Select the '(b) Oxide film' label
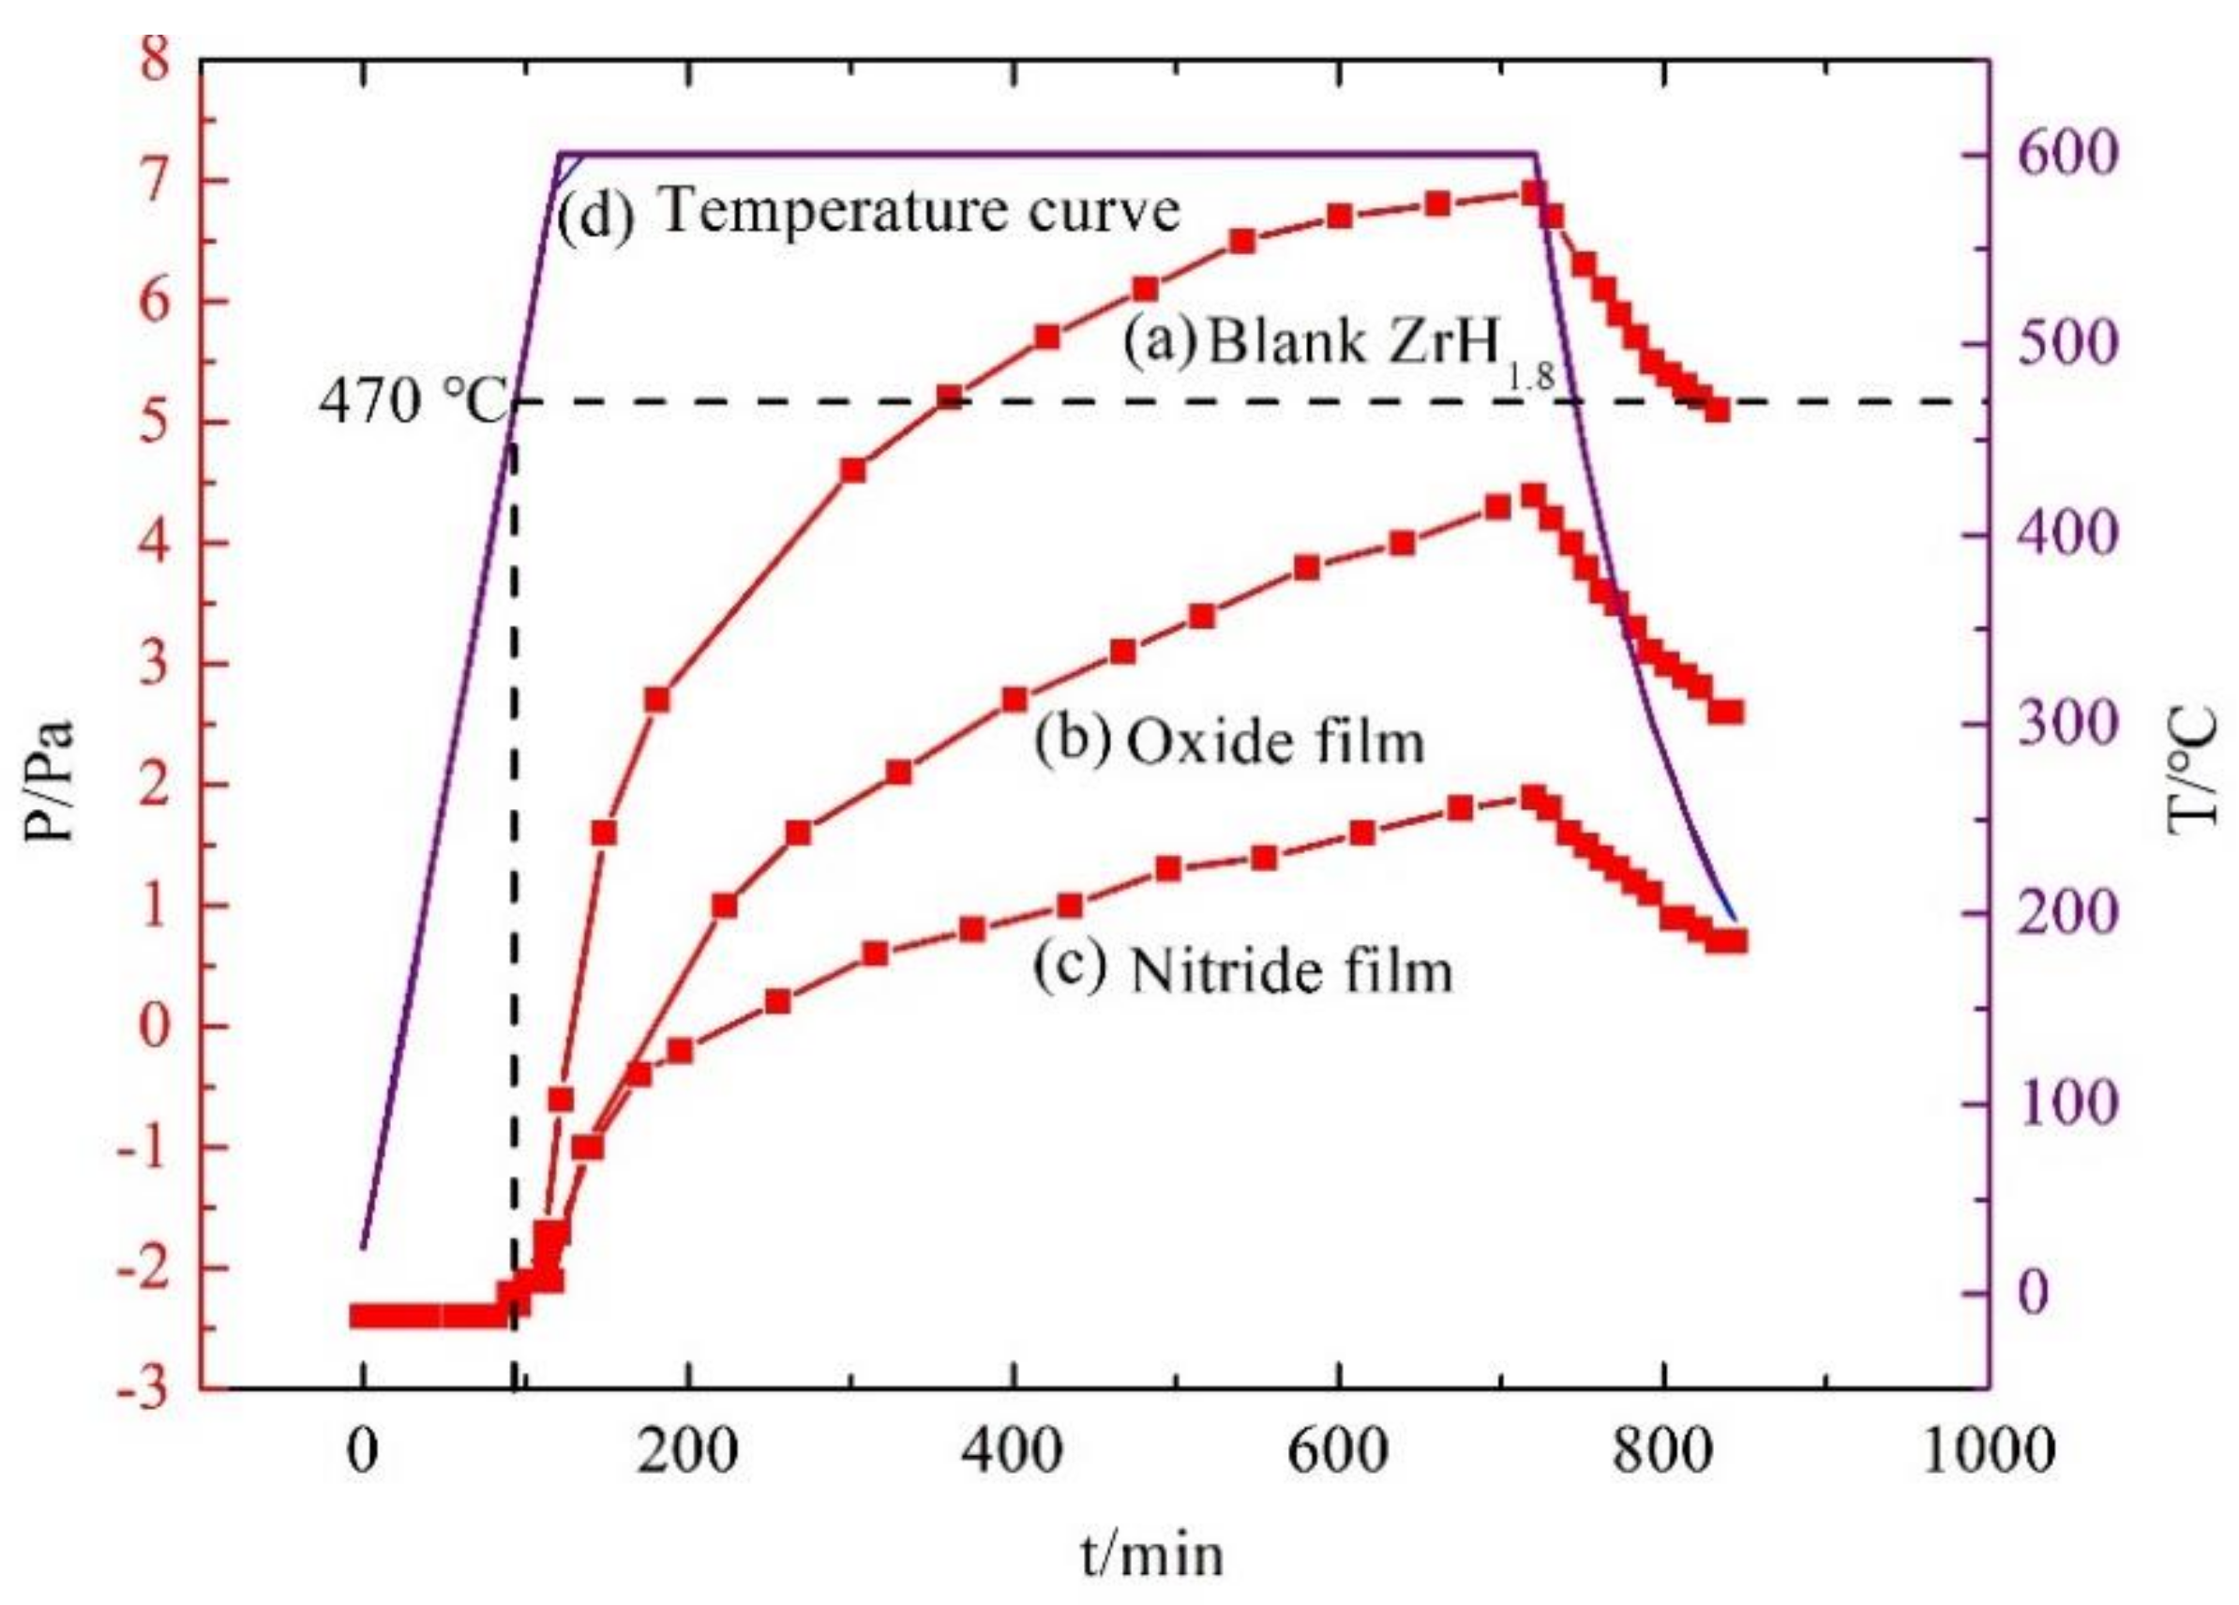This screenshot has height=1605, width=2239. pos(1229,741)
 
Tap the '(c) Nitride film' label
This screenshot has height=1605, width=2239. pos(1242,969)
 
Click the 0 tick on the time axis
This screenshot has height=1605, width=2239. pos(363,1451)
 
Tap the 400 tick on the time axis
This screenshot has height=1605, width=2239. pos(1014,1451)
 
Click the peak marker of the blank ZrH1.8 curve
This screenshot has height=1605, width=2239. pos(1532,192)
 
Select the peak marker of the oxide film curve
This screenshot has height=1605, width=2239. pos(1532,496)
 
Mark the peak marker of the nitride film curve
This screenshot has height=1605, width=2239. pos(1532,797)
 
